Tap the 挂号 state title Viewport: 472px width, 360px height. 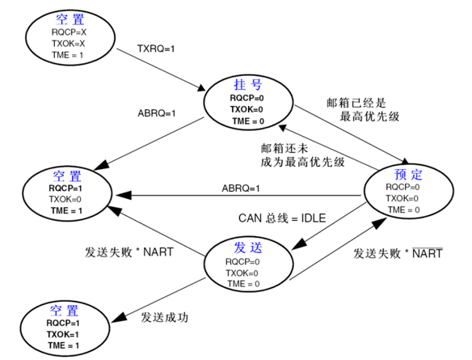pos(247,86)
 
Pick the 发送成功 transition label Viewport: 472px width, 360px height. pos(164,317)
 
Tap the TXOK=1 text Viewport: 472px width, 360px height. pos(63,334)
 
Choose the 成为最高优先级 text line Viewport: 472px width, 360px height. pos(305,162)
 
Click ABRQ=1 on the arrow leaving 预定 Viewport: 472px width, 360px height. pos(241,188)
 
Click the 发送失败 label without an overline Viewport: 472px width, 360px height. pos(129,252)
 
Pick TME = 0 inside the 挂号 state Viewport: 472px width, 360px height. pos(247,121)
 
